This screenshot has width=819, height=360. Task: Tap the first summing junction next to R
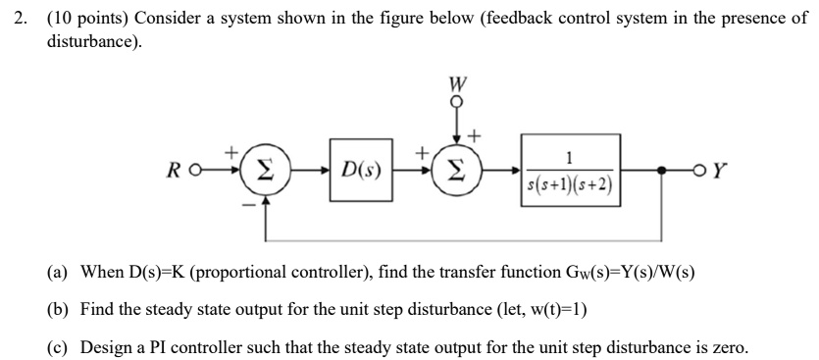pyautogui.click(x=262, y=174)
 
